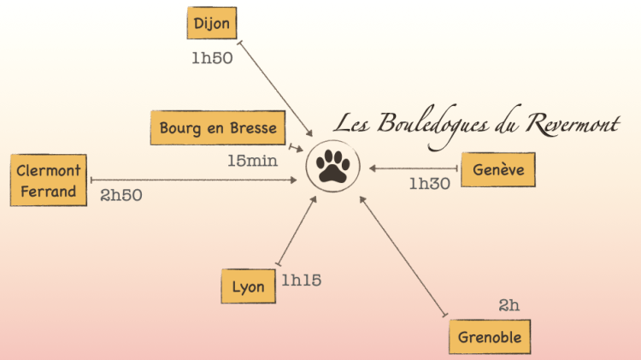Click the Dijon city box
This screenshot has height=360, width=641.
(211, 23)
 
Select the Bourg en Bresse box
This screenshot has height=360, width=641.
(218, 128)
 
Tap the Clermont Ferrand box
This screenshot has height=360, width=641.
(48, 181)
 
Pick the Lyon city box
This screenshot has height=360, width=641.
(248, 287)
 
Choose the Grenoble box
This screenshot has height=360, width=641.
(490, 336)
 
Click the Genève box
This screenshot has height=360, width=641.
(498, 169)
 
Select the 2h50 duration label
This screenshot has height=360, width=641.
(121, 195)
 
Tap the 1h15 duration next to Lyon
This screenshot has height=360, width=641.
(302, 280)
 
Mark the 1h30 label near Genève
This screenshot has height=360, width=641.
(429, 183)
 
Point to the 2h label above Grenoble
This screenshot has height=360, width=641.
(509, 304)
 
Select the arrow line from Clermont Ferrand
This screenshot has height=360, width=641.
(197, 180)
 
